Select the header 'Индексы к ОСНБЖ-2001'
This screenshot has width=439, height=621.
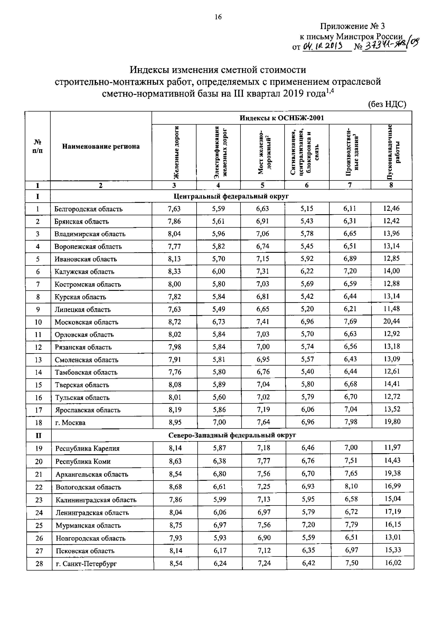pyautogui.click(x=282, y=118)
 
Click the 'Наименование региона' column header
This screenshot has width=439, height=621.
pyautogui.click(x=101, y=146)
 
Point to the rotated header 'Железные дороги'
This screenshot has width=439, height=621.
pyautogui.click(x=176, y=153)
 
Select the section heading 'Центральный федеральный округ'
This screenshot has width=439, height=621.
pyautogui.click(x=231, y=196)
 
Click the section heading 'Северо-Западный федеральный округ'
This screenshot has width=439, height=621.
pyautogui.click(x=232, y=435)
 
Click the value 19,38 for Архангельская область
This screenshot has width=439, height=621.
pyautogui.click(x=392, y=473)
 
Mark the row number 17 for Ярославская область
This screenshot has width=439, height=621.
pyautogui.click(x=39, y=410)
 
